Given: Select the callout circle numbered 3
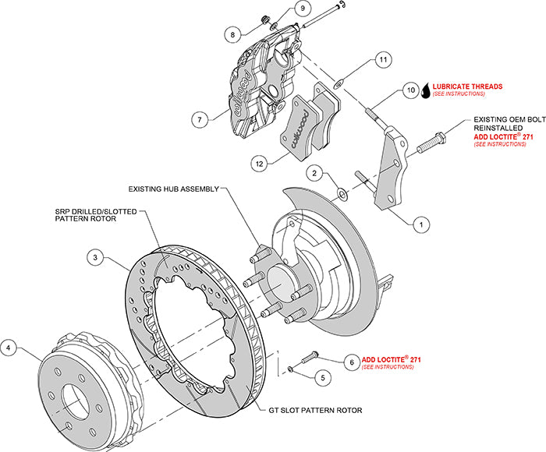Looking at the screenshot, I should coord(94,256).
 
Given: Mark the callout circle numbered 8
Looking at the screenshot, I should coord(232,34).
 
